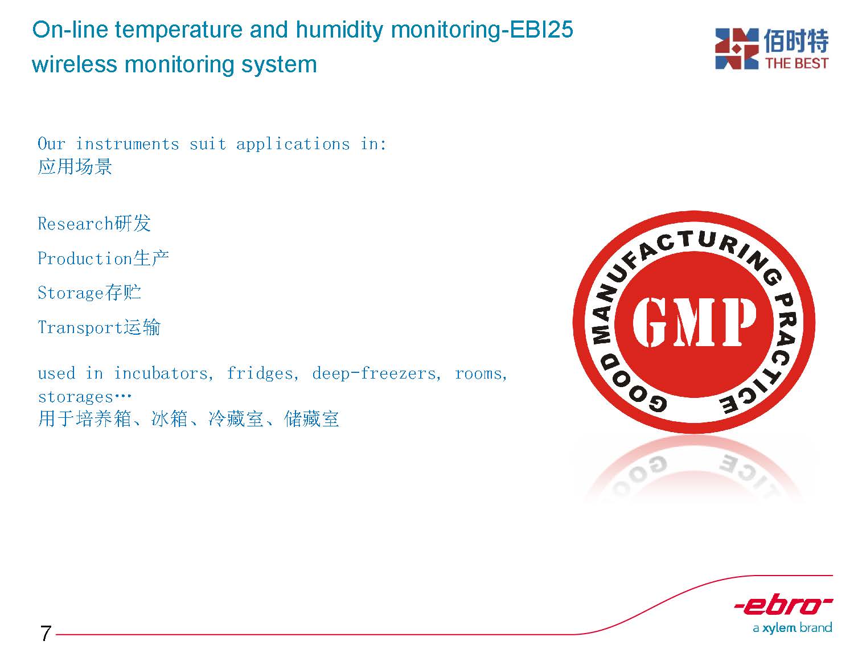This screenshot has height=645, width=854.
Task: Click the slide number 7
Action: (46, 633)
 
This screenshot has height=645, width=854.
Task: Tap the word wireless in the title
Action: (75, 64)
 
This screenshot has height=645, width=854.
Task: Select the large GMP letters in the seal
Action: (695, 322)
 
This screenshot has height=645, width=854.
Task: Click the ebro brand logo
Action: (783, 606)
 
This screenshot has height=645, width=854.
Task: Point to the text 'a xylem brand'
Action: (792, 628)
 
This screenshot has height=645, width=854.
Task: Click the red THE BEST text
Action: (796, 63)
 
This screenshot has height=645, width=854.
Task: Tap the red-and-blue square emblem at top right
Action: (737, 49)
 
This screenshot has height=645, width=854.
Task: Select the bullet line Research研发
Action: (94, 223)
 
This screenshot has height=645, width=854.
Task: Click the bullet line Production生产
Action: (103, 258)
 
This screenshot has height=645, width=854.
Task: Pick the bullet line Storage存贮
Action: (89, 293)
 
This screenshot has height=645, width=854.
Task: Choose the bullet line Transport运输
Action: (99, 327)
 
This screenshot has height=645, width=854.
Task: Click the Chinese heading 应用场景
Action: (75, 166)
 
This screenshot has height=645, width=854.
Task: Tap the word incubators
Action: (163, 373)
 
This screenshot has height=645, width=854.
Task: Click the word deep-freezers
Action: (376, 373)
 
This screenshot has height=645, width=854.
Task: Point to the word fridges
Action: (262, 373)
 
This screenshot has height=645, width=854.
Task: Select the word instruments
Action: (127, 144)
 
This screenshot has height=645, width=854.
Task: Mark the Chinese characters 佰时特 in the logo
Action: (796, 41)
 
